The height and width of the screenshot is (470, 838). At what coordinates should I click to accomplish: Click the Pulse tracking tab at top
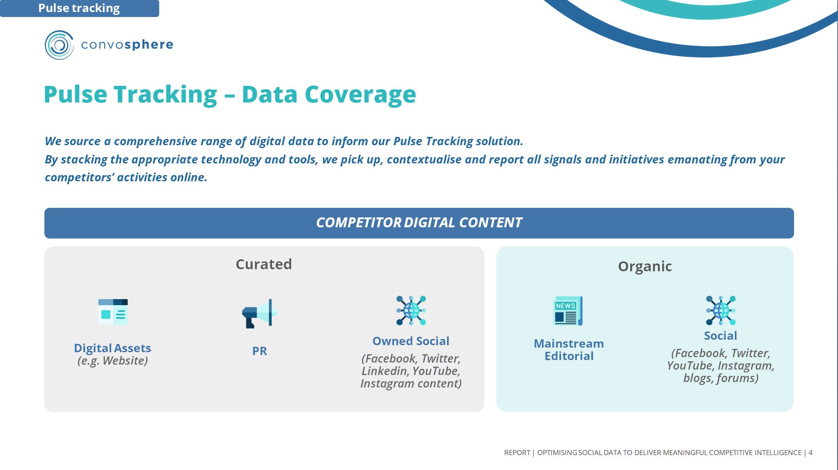pyautogui.click(x=79, y=8)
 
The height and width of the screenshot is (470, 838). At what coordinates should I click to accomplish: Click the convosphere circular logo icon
pyautogui.click(x=59, y=45)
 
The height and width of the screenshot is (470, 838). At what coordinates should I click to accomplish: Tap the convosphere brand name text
pyautogui.click(x=127, y=44)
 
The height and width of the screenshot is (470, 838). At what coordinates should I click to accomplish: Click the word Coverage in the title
pyautogui.click(x=360, y=95)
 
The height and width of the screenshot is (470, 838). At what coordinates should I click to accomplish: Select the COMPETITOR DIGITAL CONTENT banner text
pyautogui.click(x=419, y=223)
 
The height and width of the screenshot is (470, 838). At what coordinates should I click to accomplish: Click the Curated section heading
pyautogui.click(x=264, y=264)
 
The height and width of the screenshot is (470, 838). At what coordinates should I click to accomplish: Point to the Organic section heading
pyautogui.click(x=645, y=266)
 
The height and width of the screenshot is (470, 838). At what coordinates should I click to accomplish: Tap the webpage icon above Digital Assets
pyautogui.click(x=113, y=312)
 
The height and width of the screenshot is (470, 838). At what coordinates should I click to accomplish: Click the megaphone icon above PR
pyautogui.click(x=260, y=313)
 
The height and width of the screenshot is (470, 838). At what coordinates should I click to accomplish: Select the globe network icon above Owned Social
pyautogui.click(x=411, y=310)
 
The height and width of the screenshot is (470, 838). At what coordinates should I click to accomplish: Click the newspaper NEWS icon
pyautogui.click(x=568, y=311)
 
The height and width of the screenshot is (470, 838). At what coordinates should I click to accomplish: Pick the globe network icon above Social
pyautogui.click(x=721, y=310)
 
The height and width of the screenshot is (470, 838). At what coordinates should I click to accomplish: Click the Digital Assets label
pyautogui.click(x=112, y=348)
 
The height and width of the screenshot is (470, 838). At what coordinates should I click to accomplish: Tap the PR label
pyautogui.click(x=260, y=351)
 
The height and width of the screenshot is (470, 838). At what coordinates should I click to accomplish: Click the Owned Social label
pyautogui.click(x=410, y=341)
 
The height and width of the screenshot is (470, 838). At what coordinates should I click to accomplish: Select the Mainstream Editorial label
pyautogui.click(x=569, y=350)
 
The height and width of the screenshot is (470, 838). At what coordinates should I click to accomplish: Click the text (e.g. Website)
pyautogui.click(x=112, y=360)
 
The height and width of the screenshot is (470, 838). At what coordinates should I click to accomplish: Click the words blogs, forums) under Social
pyautogui.click(x=721, y=378)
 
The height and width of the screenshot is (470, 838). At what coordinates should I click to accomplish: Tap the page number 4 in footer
pyautogui.click(x=810, y=453)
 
